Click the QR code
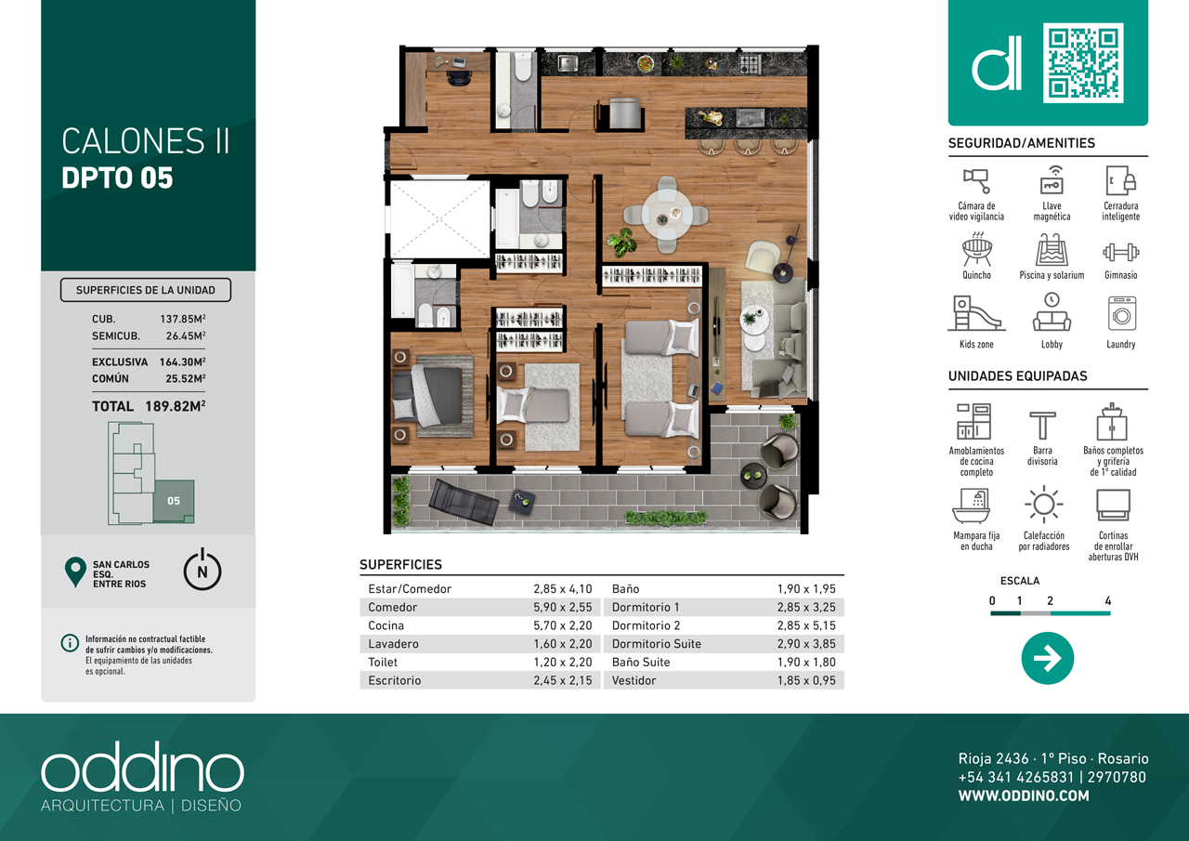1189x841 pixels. (1083, 62)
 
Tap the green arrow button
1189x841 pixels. (1047, 658)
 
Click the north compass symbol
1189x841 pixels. (203, 570)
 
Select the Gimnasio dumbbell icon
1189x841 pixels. (1120, 252)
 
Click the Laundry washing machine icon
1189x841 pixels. (1121, 313)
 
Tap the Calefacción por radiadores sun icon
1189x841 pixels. (1043, 504)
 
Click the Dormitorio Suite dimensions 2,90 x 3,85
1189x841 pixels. (806, 643)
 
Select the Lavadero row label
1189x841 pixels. (393, 643)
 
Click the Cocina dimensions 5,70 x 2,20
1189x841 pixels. (563, 625)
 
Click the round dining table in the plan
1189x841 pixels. (666, 216)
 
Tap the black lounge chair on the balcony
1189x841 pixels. (464, 502)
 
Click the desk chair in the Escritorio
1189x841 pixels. (458, 77)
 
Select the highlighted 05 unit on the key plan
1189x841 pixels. (174, 501)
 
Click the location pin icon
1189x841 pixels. (75, 572)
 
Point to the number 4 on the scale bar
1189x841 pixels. (1108, 600)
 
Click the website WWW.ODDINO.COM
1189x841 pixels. (1024, 795)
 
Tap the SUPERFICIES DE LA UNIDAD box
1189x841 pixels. (146, 290)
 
